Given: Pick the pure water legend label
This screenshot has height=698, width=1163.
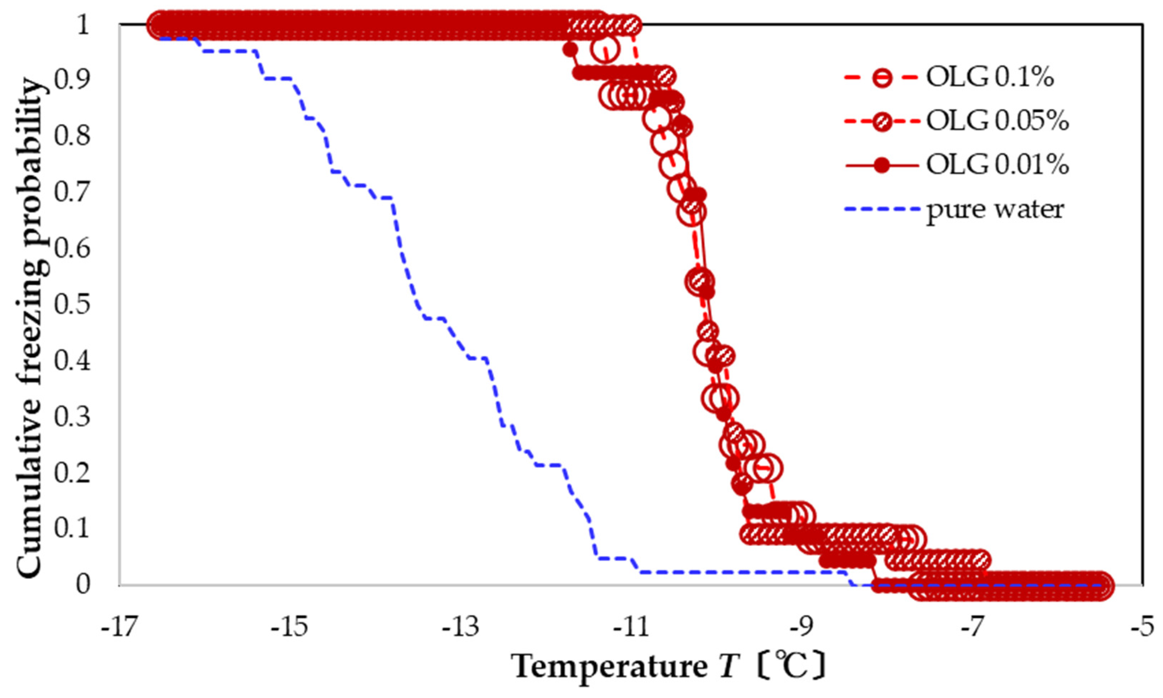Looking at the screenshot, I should tap(995, 209).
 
